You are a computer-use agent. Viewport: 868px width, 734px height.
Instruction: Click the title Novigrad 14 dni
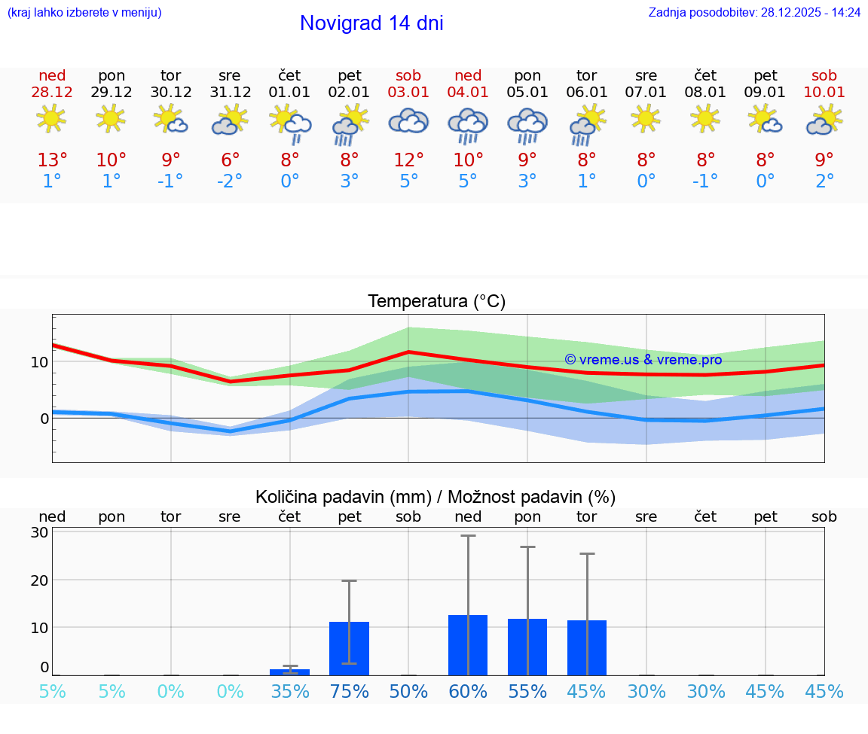[371, 23]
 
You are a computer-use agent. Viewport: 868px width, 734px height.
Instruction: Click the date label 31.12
[230, 93]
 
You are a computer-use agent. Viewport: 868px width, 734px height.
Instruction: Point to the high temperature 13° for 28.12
[52, 160]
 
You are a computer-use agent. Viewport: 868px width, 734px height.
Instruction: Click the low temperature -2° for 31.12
[230, 181]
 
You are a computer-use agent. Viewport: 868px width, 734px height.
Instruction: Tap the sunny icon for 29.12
[112, 118]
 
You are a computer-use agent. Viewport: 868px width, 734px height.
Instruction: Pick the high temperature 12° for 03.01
[408, 160]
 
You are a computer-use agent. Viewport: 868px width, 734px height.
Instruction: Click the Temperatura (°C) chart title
[436, 302]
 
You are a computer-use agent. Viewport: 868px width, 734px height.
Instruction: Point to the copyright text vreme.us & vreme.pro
[643, 360]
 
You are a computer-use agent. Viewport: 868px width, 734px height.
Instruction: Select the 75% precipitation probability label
[349, 692]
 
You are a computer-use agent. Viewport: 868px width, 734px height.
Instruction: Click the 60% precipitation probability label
[468, 692]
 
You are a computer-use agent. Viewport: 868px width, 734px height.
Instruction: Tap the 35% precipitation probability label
[289, 692]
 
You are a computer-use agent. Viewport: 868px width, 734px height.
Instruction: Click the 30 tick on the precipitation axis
[39, 532]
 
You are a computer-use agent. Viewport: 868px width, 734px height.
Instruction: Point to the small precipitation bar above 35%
[289, 672]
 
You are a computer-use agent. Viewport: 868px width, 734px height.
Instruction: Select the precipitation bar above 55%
[527, 647]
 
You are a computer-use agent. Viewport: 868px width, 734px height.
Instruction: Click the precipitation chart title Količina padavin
[435, 497]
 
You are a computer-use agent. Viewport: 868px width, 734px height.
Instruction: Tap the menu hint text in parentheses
[84, 13]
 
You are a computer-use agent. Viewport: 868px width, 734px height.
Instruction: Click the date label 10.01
[824, 93]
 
